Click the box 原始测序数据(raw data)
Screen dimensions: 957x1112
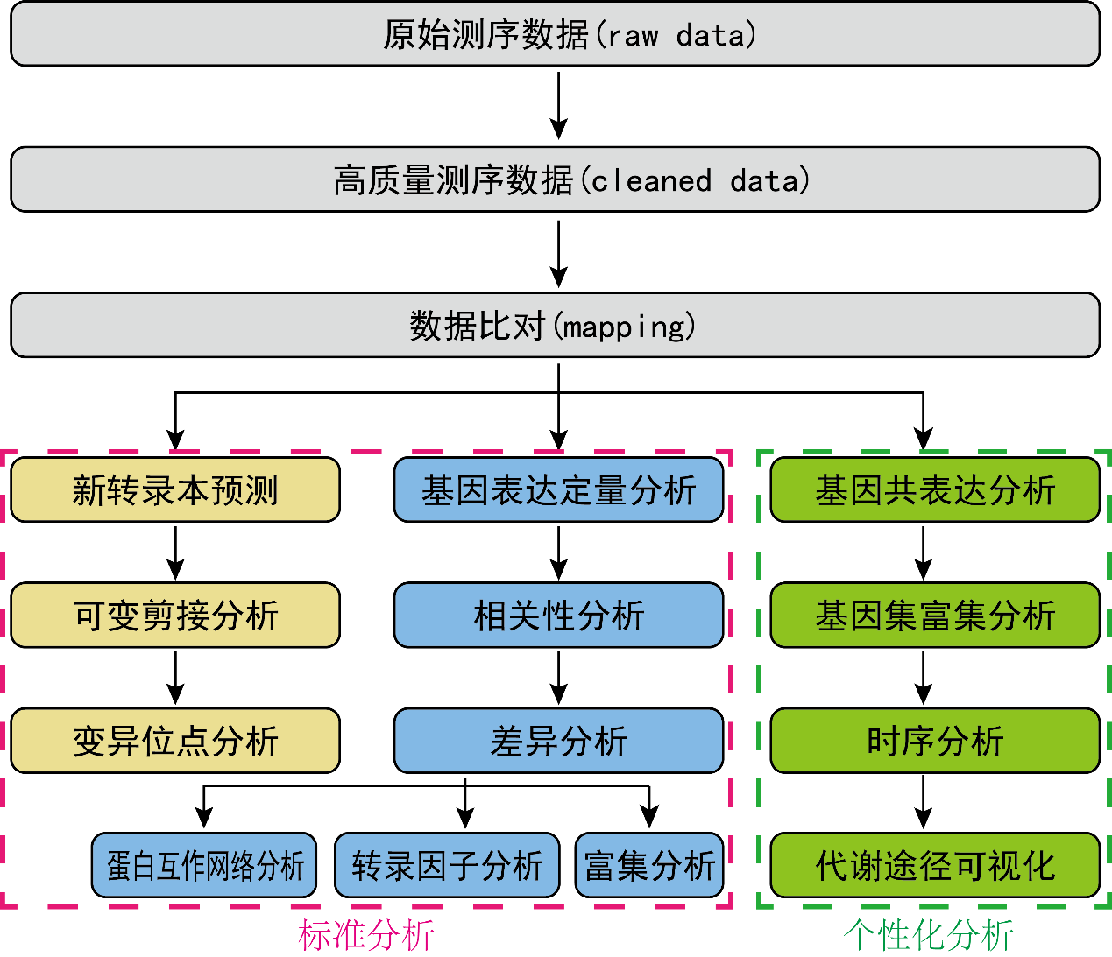tap(555, 34)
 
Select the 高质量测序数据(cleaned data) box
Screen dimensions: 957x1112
tap(555, 179)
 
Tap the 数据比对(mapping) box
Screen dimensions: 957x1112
tap(555, 325)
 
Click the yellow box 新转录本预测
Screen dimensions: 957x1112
tap(175, 489)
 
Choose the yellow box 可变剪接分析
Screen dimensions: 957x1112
tap(175, 615)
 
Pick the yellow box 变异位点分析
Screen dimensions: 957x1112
tap(175, 741)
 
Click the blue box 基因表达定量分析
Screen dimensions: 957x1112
tap(558, 489)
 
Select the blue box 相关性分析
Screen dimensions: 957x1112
tap(558, 615)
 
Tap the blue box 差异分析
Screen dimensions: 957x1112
tap(558, 741)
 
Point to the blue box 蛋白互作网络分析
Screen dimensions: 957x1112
tap(204, 865)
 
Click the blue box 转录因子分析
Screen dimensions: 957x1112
tap(447, 865)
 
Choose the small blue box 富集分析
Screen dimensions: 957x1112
tap(649, 865)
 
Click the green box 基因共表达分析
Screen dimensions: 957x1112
tap(934, 489)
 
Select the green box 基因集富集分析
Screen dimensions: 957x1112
tap(934, 615)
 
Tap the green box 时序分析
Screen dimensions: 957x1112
tap(934, 741)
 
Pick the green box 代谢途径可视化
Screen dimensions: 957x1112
tap(934, 865)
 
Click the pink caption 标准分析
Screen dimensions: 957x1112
tap(366, 935)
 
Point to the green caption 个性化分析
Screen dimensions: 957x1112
tap(928, 935)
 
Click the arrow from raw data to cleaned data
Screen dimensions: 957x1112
tap(558, 105)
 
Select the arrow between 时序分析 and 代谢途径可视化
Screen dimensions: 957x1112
tap(923, 801)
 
